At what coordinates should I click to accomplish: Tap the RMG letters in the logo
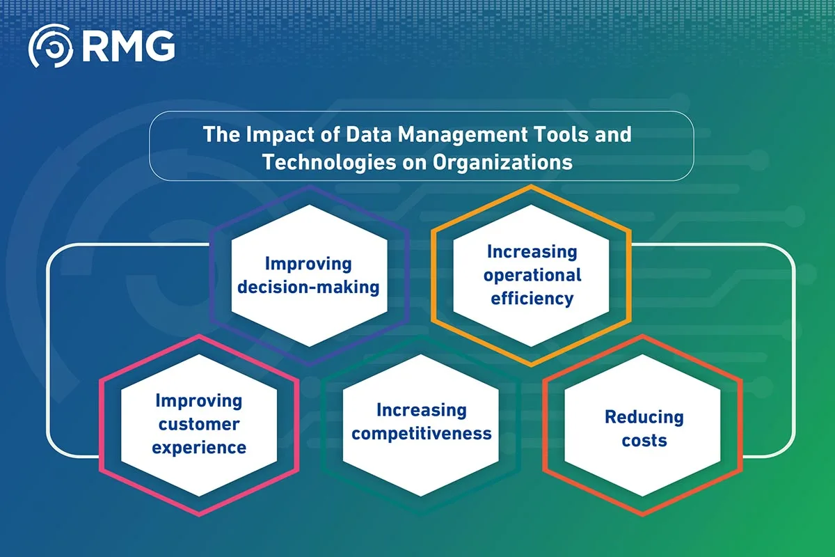point(128,46)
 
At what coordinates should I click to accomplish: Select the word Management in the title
point(463,135)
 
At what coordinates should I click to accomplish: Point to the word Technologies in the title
point(329,162)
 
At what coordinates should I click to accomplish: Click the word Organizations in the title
point(502,163)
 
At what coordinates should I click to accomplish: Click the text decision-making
point(308,288)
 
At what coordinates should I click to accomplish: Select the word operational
point(532,276)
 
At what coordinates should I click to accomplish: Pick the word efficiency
point(532,299)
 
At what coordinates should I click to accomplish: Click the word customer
point(199,425)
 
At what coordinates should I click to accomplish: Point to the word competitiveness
point(422,434)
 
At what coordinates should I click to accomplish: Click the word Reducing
point(644,418)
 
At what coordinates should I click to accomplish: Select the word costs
point(644,441)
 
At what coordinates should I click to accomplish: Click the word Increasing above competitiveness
point(422,410)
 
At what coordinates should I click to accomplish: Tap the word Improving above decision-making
point(308,264)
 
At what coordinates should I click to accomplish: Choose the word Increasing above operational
point(532,252)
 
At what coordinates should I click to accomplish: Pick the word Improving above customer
point(199,401)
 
